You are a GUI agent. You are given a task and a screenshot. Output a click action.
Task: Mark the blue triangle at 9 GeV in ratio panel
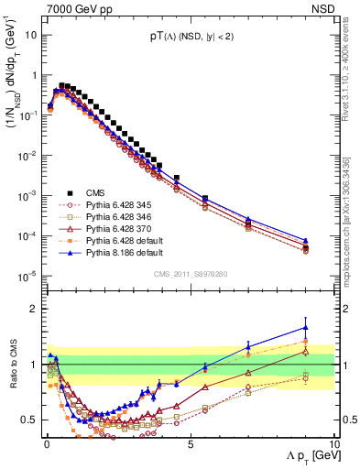[x=305, y=327]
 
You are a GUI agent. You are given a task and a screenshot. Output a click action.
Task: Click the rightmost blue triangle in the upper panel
[x=305, y=241]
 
